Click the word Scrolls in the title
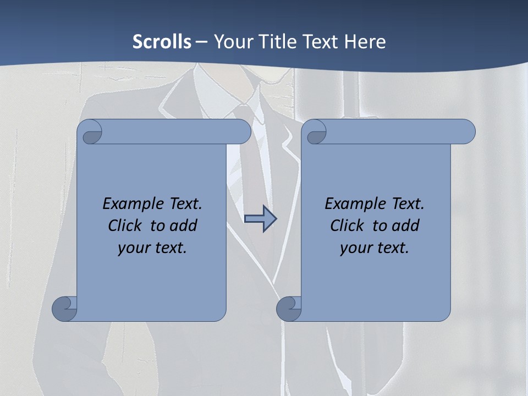162,42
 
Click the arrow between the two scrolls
260,219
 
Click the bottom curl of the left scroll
64,309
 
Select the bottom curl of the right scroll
289,309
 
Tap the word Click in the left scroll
124,226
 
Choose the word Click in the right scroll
346,226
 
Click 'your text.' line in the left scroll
152,248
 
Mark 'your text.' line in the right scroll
375,248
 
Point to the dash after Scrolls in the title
201,42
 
